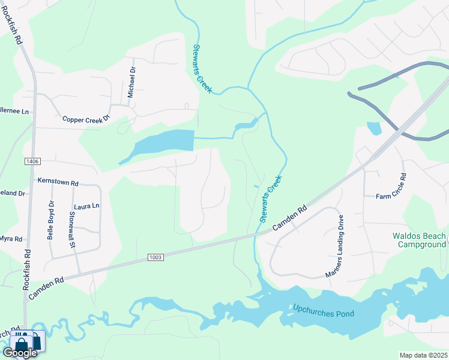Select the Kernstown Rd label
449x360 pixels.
click(x=58, y=182)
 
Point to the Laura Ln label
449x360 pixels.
click(x=86, y=206)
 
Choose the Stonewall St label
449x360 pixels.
click(x=72, y=229)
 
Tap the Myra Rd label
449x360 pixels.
click(x=11, y=239)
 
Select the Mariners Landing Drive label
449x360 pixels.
click(x=335, y=247)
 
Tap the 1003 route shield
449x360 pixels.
click(x=155, y=257)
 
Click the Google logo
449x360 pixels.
click(x=20, y=353)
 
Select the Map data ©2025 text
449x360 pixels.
click(x=423, y=355)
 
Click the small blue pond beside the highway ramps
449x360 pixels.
click(x=373, y=128)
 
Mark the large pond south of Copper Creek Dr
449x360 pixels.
click(x=160, y=144)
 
